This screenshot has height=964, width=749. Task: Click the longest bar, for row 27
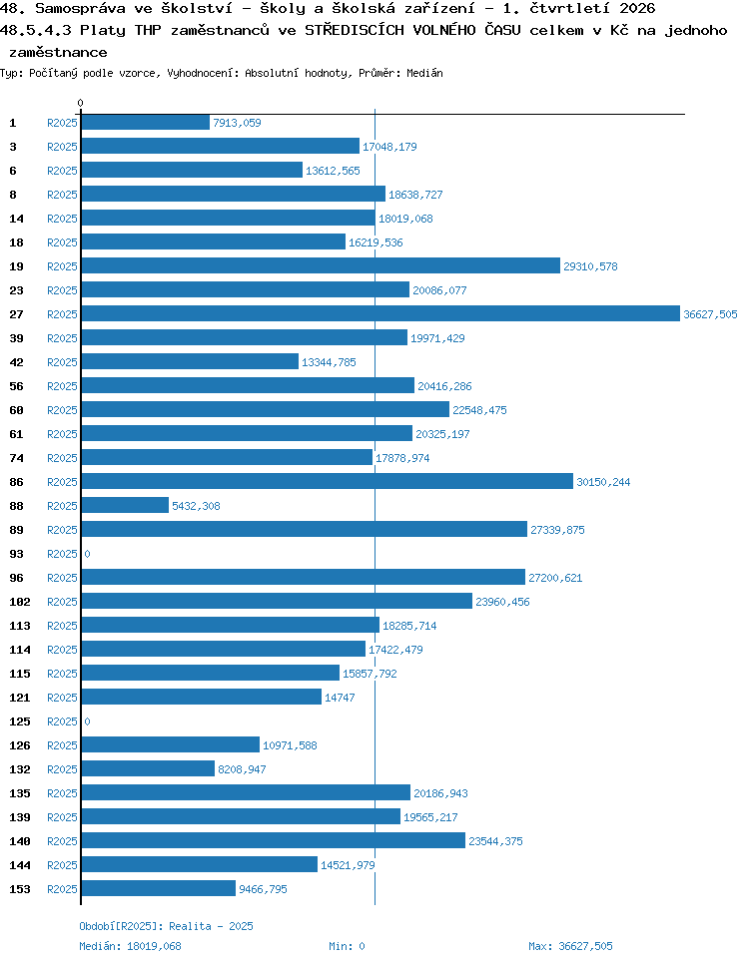(x=380, y=314)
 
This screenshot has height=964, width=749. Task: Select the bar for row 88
(x=125, y=505)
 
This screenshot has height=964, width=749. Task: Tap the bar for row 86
(x=327, y=481)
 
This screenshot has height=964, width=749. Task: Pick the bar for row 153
(x=158, y=888)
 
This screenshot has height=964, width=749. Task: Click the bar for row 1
(x=145, y=123)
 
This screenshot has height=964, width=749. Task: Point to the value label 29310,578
(x=590, y=266)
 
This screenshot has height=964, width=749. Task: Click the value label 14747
(x=340, y=698)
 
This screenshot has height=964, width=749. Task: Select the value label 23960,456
(x=502, y=602)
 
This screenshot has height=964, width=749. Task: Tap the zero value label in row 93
(x=88, y=554)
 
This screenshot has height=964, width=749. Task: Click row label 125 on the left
(x=20, y=722)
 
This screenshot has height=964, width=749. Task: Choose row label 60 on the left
(x=17, y=410)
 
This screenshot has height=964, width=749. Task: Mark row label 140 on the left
(x=20, y=841)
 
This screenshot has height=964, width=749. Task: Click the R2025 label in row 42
(x=62, y=362)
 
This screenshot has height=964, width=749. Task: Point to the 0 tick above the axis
(x=80, y=103)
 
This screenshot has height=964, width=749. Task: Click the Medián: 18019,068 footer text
(x=131, y=946)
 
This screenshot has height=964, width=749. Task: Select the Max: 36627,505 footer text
(x=570, y=946)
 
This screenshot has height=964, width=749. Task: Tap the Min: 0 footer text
(x=348, y=946)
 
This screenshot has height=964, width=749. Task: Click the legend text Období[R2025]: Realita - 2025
(x=166, y=926)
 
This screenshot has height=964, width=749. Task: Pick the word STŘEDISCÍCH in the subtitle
(x=355, y=30)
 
